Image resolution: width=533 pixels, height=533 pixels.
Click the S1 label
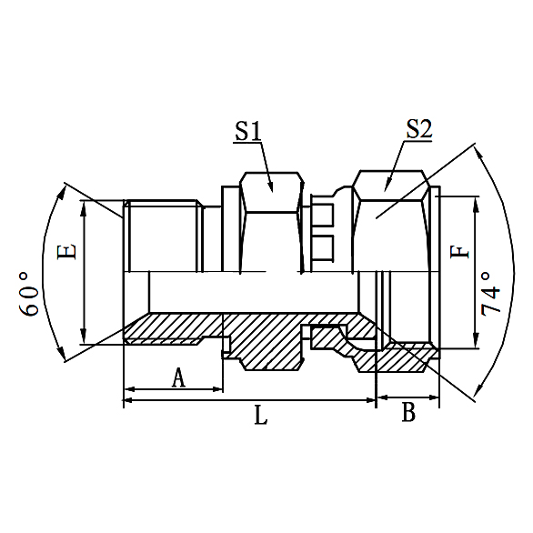coord(247,130)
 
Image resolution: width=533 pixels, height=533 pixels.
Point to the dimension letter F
coord(462,249)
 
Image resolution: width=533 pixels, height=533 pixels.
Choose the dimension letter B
coord(408,413)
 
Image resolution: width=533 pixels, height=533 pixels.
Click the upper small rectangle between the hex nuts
coord(324,215)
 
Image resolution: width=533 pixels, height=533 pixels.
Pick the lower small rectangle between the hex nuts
coord(324,246)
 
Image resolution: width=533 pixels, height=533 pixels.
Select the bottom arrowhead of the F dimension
coord(474,343)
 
